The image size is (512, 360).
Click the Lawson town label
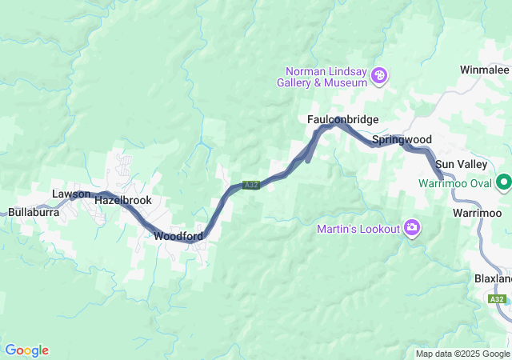pyautogui.click(x=71, y=194)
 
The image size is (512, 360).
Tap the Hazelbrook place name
pyautogui.click(x=122, y=201)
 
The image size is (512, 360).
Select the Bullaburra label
pyautogui.click(x=30, y=213)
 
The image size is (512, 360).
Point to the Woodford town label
pyautogui.click(x=177, y=236)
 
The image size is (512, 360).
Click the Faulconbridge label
pyautogui.click(x=342, y=119)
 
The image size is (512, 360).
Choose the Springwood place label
pyautogui.click(x=402, y=139)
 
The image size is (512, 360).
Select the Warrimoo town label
pyautogui.click(x=477, y=213)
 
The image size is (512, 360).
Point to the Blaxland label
pyautogui.click(x=492, y=278)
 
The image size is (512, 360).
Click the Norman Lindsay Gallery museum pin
pyautogui.click(x=380, y=77)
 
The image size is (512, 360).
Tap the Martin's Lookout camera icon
pyautogui.click(x=413, y=229)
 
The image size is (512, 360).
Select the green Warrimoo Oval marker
pyautogui.click(x=504, y=183)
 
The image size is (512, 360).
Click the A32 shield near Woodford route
pyautogui.click(x=251, y=185)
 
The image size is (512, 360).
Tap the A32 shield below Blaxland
pyautogui.click(x=497, y=299)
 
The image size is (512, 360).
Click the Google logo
pyautogui.click(x=26, y=350)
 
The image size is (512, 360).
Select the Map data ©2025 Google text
pyautogui.click(x=462, y=354)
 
